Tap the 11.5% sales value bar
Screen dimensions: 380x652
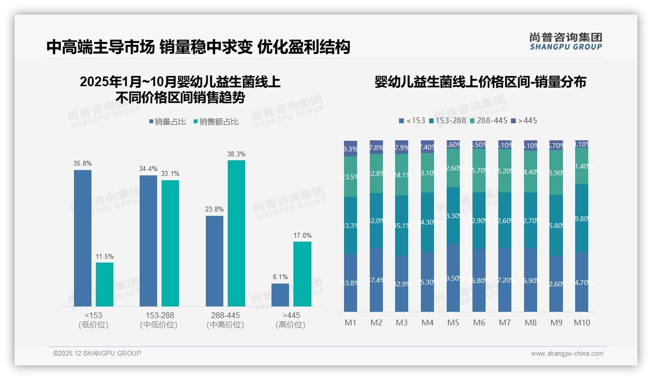click(x=105, y=285)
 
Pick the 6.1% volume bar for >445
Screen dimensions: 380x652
click(x=280, y=295)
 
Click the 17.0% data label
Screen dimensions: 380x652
click(x=302, y=235)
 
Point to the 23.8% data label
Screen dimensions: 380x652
click(x=214, y=209)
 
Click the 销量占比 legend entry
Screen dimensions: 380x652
click(x=167, y=122)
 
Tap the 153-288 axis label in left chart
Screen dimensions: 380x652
click(x=159, y=315)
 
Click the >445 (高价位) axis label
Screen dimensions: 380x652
click(x=290, y=320)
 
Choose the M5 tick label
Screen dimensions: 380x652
click(x=453, y=323)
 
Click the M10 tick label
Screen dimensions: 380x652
click(x=581, y=323)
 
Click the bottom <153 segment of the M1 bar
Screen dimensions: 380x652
click(x=350, y=283)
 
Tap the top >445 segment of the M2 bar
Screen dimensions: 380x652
click(x=376, y=147)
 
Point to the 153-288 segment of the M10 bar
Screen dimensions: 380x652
click(x=581, y=218)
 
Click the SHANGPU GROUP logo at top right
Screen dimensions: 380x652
click(x=565, y=41)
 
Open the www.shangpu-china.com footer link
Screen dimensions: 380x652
click(x=567, y=354)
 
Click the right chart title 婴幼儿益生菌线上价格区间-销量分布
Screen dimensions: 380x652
click(x=480, y=82)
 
